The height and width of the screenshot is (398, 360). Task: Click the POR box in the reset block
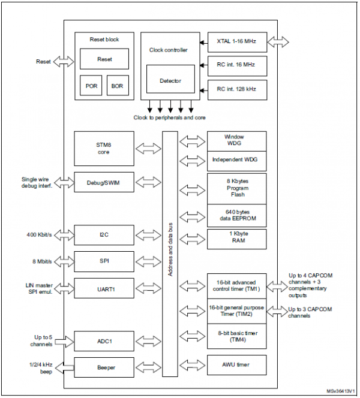tap(91, 86)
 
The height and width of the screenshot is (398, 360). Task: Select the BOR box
tap(118, 86)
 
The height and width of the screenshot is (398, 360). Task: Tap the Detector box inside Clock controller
tap(170, 80)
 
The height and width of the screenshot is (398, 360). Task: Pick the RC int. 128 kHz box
tap(236, 89)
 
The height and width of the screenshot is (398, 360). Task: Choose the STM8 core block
tap(104, 148)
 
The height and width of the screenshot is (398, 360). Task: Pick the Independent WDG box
tap(236, 160)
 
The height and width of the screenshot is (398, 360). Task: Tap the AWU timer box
tap(236, 364)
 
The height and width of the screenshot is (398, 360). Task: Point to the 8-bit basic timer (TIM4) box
tap(236, 336)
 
